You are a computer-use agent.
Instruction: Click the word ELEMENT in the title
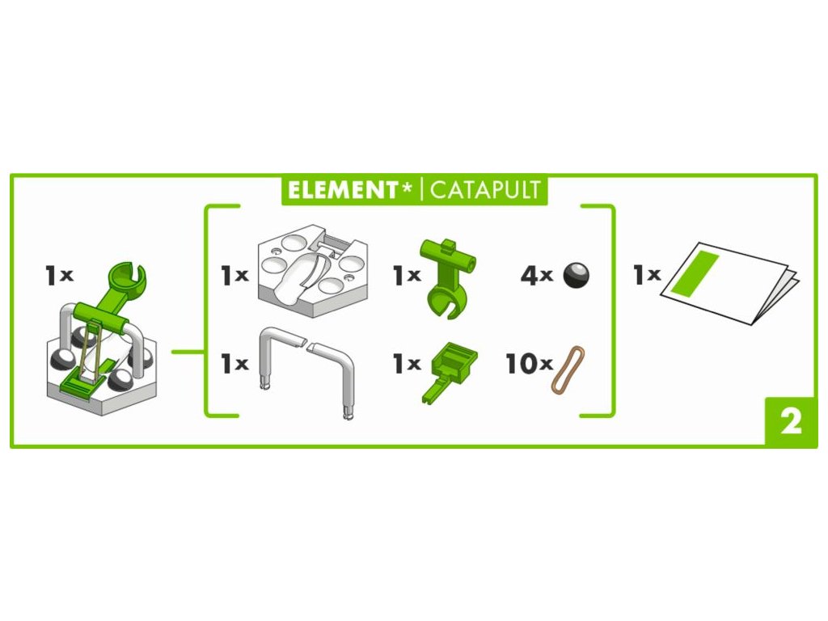[342, 190]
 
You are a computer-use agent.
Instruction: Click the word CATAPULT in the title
[485, 190]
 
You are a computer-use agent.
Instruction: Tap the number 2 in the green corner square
[791, 422]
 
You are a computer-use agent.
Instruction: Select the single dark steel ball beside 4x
[576, 275]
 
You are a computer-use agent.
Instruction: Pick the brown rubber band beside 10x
[568, 369]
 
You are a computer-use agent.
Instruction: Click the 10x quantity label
[528, 364]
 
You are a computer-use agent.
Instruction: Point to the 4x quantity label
[536, 275]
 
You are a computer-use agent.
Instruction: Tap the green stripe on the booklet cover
[695, 272]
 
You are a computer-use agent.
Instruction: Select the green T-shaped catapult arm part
[448, 277]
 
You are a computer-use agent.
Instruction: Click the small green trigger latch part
[450, 372]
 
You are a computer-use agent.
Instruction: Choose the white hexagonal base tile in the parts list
[312, 270]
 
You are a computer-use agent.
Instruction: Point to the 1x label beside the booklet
[646, 275]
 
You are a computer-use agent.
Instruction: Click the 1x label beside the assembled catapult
[58, 275]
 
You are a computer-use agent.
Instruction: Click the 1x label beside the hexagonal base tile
[234, 275]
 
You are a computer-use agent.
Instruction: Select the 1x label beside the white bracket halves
[234, 364]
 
